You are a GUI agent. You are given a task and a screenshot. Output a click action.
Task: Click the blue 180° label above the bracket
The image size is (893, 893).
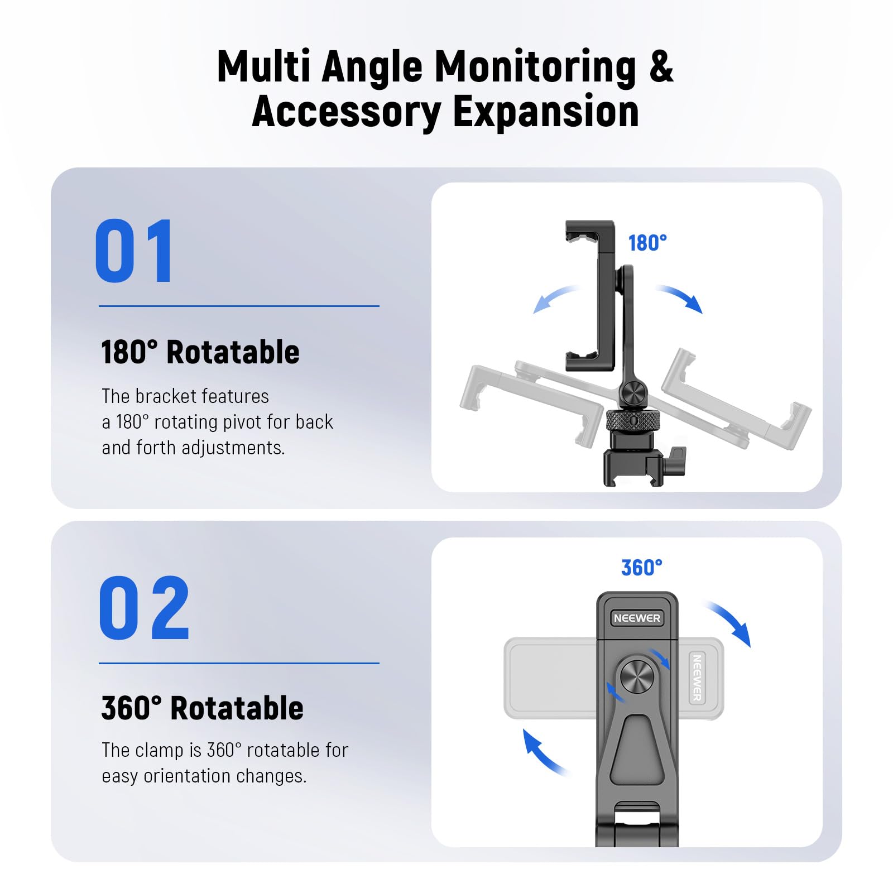pos(647,243)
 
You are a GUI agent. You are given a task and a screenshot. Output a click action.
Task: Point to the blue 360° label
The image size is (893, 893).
pos(641,568)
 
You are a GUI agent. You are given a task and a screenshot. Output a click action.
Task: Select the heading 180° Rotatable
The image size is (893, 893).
pos(200,352)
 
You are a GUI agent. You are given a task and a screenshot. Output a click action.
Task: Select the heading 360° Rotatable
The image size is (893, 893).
pos(202,708)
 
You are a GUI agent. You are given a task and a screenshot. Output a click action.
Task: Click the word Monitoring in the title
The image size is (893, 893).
pos(535,67)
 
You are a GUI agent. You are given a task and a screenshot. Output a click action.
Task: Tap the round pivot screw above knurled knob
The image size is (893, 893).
pos(633,392)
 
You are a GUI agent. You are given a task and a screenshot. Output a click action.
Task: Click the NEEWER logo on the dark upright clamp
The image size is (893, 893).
pos(636,618)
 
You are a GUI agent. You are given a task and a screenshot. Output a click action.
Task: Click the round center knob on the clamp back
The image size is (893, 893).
pos(637,676)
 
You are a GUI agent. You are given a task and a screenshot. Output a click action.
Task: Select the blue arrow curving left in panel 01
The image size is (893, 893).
pos(555,299)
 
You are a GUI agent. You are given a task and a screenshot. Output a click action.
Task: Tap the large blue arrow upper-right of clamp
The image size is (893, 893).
pos(730,622)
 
